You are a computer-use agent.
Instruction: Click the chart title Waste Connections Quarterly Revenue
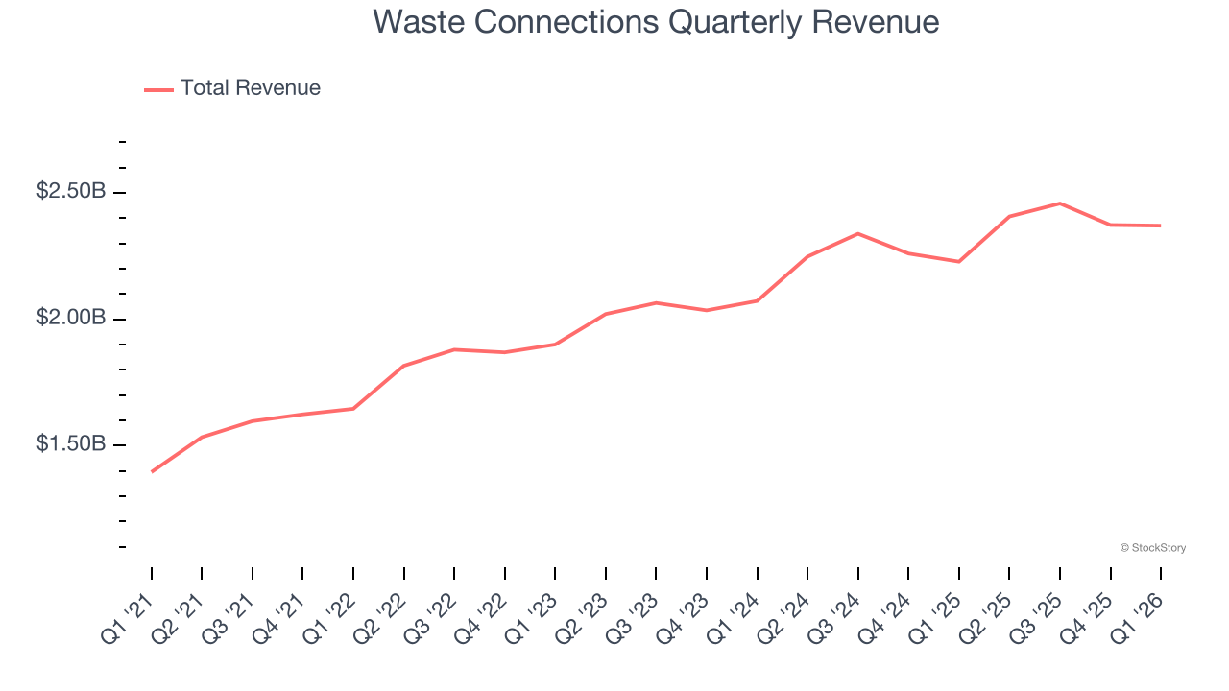tap(656, 21)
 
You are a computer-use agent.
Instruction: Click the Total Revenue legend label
tap(250, 88)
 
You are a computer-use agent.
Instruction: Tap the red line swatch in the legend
tap(158, 89)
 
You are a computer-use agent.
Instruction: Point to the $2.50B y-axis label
tap(70, 192)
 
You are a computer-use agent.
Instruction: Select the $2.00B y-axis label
tap(70, 318)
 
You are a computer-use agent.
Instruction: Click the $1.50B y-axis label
tap(70, 444)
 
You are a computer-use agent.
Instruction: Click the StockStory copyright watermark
tap(1152, 548)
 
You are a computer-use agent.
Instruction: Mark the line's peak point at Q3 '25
tap(1060, 203)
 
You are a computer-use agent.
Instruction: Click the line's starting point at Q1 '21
tap(152, 471)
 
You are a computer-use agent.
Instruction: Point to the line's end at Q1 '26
tap(1161, 226)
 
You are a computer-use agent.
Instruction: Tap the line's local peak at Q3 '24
tap(857, 233)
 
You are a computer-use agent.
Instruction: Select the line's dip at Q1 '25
tap(959, 261)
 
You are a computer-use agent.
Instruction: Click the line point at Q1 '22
tap(353, 409)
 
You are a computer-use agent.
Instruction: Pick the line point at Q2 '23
tap(606, 314)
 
